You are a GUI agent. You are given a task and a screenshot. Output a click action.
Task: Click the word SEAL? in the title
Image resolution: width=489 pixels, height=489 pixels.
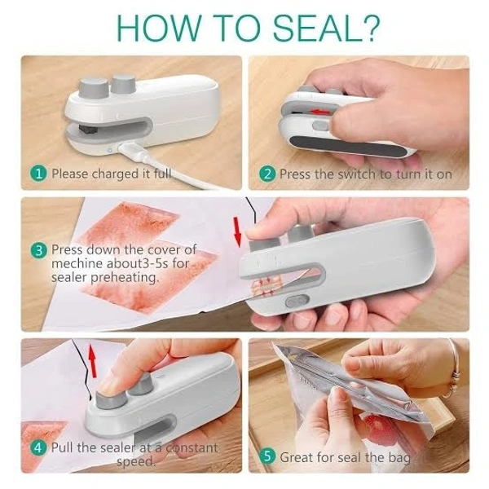(326, 27)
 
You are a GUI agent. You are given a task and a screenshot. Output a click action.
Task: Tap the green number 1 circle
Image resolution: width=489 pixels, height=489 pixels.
(38, 173)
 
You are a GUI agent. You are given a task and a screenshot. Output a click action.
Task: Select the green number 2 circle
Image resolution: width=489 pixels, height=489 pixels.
(267, 174)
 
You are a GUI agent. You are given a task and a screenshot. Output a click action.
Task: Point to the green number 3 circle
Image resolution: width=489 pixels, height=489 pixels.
(38, 250)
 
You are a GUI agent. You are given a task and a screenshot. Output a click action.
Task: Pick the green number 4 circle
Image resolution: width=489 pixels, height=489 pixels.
(37, 448)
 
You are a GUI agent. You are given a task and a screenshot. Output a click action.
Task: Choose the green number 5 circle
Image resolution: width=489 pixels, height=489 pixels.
(267, 456)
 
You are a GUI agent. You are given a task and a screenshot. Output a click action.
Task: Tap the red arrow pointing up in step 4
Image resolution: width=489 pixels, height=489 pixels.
(92, 360)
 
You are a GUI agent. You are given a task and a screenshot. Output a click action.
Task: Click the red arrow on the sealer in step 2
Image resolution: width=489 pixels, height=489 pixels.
(321, 111)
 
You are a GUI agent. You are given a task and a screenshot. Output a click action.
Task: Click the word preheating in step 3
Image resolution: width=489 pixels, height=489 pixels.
(125, 277)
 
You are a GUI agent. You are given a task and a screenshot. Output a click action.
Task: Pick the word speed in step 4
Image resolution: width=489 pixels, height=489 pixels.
(135, 461)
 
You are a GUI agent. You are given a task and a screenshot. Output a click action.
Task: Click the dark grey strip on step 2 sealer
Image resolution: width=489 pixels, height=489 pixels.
(349, 147)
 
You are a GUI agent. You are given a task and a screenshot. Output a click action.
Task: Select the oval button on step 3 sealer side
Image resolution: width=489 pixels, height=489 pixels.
(297, 301)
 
